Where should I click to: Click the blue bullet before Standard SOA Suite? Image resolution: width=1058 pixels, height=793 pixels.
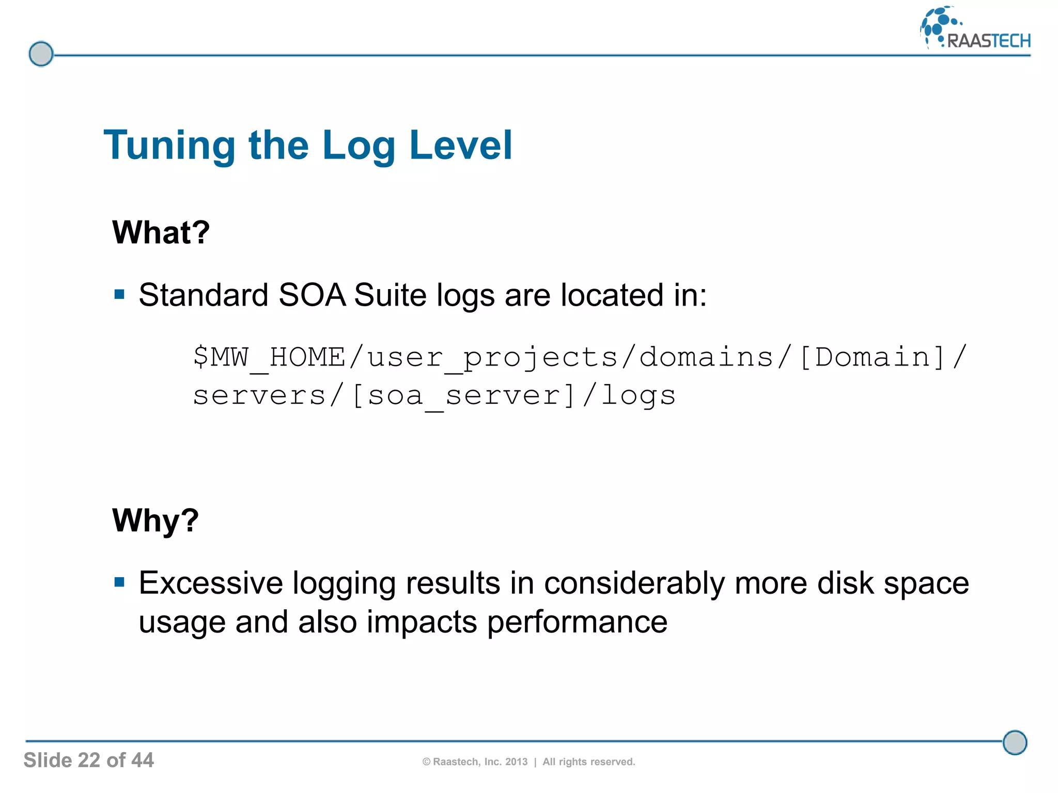(x=120, y=295)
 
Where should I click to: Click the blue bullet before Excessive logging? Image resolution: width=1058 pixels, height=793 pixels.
(x=120, y=583)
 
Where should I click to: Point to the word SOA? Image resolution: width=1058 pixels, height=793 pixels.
(x=312, y=295)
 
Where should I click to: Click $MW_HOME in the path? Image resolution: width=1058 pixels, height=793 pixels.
(x=269, y=357)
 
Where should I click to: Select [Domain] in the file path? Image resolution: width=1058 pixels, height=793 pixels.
(x=873, y=357)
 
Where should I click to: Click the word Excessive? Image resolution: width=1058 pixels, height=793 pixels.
(x=211, y=583)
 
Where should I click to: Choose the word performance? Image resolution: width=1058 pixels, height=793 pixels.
(x=577, y=623)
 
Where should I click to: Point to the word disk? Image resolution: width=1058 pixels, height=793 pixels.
(x=845, y=583)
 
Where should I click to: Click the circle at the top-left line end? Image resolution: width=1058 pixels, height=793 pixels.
(x=41, y=54)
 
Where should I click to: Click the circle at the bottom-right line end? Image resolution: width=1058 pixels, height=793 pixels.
(x=1015, y=742)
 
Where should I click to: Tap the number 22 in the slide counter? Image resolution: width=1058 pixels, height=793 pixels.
(x=89, y=760)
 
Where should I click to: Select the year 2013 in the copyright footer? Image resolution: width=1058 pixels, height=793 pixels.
(x=516, y=762)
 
